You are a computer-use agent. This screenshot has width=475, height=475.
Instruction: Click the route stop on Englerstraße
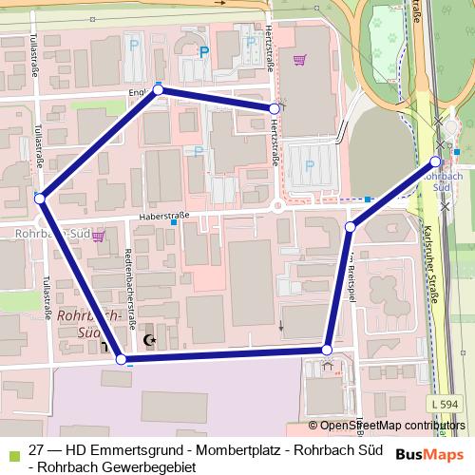tap(159, 89)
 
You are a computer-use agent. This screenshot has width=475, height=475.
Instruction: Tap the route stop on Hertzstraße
tap(274, 109)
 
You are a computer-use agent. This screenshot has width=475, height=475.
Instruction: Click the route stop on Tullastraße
tap(40, 198)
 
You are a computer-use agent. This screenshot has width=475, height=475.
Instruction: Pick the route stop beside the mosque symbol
tap(121, 358)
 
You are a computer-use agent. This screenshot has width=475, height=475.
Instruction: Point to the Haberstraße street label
tap(163, 217)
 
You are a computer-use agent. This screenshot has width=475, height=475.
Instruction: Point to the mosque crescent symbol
tap(147, 340)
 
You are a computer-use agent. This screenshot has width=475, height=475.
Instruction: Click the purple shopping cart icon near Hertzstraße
tap(300, 60)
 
